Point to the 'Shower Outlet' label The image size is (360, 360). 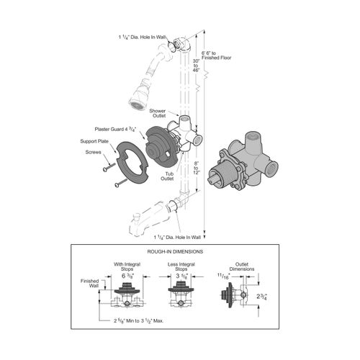click(158, 114)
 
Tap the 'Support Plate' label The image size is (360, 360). click(93, 142)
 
